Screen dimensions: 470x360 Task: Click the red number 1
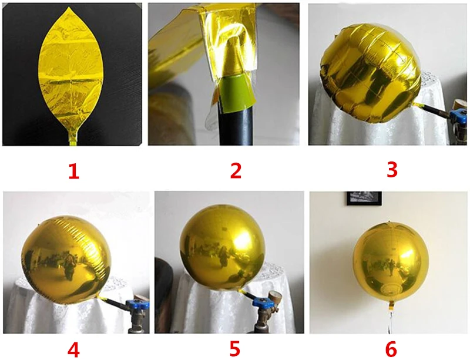74,171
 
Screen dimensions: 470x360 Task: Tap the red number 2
236,171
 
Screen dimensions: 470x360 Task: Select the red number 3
392,170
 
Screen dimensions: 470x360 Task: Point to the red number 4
73,349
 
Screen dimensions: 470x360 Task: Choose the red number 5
235,348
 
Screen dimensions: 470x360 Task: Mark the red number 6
391,349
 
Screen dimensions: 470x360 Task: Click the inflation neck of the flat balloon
73,139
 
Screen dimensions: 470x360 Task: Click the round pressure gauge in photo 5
276,297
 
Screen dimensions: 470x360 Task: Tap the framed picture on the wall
364,198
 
